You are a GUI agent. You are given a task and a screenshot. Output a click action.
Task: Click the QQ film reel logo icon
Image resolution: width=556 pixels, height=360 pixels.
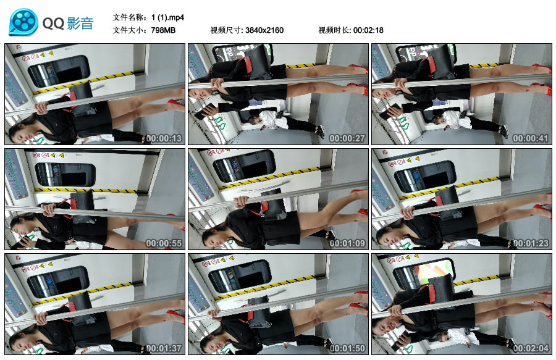point(23,22)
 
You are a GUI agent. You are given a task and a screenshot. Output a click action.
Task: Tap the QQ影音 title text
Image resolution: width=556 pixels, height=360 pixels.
point(68,23)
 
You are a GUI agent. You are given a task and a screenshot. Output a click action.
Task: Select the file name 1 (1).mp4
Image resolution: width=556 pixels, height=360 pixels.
point(167,17)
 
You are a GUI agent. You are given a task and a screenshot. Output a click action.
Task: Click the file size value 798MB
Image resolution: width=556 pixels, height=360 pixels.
point(163,30)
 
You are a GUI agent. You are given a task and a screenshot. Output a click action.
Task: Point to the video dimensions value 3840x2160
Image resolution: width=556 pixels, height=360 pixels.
point(264,30)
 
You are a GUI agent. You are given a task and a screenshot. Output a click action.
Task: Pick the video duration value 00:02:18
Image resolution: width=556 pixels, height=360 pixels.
point(368,30)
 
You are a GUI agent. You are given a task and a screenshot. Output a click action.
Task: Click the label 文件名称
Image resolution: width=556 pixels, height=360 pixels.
point(128,17)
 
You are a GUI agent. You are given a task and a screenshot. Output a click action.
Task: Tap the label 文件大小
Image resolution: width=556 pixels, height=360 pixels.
point(128,30)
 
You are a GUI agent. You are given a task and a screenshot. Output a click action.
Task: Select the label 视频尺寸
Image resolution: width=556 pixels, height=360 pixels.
point(226,30)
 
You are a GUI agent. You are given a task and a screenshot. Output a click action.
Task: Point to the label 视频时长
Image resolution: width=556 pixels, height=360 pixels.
point(334,30)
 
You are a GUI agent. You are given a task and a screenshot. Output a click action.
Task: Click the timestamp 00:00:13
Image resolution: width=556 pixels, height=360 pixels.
point(164,138)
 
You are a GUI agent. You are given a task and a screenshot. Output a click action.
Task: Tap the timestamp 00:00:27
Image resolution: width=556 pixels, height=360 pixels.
point(347,138)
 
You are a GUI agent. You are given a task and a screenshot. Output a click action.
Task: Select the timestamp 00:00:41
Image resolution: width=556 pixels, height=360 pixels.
point(531,138)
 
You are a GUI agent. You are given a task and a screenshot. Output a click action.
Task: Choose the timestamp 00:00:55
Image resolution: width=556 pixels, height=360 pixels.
point(164,243)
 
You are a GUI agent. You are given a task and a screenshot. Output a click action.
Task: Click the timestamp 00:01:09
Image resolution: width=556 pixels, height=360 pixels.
point(347,243)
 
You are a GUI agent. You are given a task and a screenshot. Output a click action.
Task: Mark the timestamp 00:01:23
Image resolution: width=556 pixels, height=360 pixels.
point(531,243)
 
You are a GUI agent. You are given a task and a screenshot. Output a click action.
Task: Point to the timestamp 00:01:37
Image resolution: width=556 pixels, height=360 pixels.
point(164,349)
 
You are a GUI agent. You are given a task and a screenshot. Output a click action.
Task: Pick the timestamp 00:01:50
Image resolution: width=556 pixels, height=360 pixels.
point(347,349)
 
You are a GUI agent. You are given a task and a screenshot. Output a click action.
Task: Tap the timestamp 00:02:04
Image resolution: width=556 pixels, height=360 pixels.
point(531,349)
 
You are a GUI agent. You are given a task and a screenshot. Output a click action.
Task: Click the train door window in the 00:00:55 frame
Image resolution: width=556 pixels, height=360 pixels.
point(65,175)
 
